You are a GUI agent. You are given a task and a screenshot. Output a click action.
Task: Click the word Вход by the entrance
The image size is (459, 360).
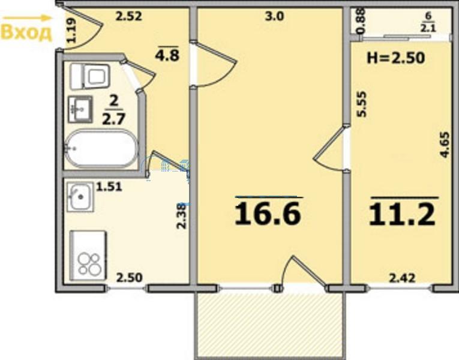[26, 33]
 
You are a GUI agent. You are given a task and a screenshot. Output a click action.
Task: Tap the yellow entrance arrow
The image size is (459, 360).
[26, 18]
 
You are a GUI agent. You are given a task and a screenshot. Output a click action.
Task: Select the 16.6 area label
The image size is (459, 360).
[268, 214]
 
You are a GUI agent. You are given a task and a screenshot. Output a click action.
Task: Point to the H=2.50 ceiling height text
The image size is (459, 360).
[396, 58]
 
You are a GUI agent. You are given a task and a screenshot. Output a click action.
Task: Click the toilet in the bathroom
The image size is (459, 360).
[90, 77]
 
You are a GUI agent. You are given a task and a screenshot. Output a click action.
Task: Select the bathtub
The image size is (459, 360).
[101, 148]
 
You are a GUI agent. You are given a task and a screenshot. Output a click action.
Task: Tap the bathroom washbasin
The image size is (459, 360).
[80, 109]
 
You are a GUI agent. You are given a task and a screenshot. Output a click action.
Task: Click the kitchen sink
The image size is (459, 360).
[80, 197]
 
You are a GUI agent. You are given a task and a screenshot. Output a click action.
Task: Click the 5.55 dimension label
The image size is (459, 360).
[362, 104]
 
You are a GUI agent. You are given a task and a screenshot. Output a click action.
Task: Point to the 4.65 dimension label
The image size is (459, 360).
[445, 145]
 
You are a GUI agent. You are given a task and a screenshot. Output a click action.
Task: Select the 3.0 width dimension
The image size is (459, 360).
[274, 16]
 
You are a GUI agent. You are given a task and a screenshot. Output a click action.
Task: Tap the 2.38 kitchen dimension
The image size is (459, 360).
[182, 216]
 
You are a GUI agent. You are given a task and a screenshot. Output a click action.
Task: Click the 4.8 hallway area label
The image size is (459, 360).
[167, 55]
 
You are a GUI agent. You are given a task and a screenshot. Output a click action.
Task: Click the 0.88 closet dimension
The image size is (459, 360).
[361, 21]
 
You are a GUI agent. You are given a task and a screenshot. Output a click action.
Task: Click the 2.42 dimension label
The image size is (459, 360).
[402, 278]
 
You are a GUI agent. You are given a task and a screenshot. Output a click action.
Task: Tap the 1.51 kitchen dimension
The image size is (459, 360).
[109, 187]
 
